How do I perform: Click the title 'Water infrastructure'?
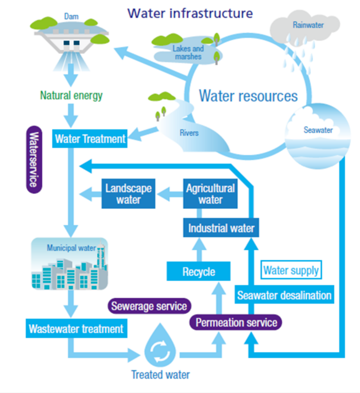tap(190, 13)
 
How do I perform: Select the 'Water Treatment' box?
tap(90, 138)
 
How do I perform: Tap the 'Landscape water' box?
tap(128, 193)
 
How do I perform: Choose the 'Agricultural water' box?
tap(210, 193)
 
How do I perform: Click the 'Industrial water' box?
tap(221, 227)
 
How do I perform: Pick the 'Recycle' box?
tap(199, 271)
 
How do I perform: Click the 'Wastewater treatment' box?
tap(76, 328)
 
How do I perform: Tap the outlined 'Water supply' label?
tap(291, 270)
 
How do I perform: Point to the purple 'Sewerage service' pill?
tap(149, 307)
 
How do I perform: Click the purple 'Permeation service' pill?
tap(236, 323)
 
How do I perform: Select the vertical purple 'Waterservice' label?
tap(33, 159)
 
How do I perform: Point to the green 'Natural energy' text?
tap(71, 96)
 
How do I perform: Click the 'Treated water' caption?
tap(160, 374)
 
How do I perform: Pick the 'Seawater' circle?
tap(317, 136)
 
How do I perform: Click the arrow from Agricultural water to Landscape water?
tap(169, 194)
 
